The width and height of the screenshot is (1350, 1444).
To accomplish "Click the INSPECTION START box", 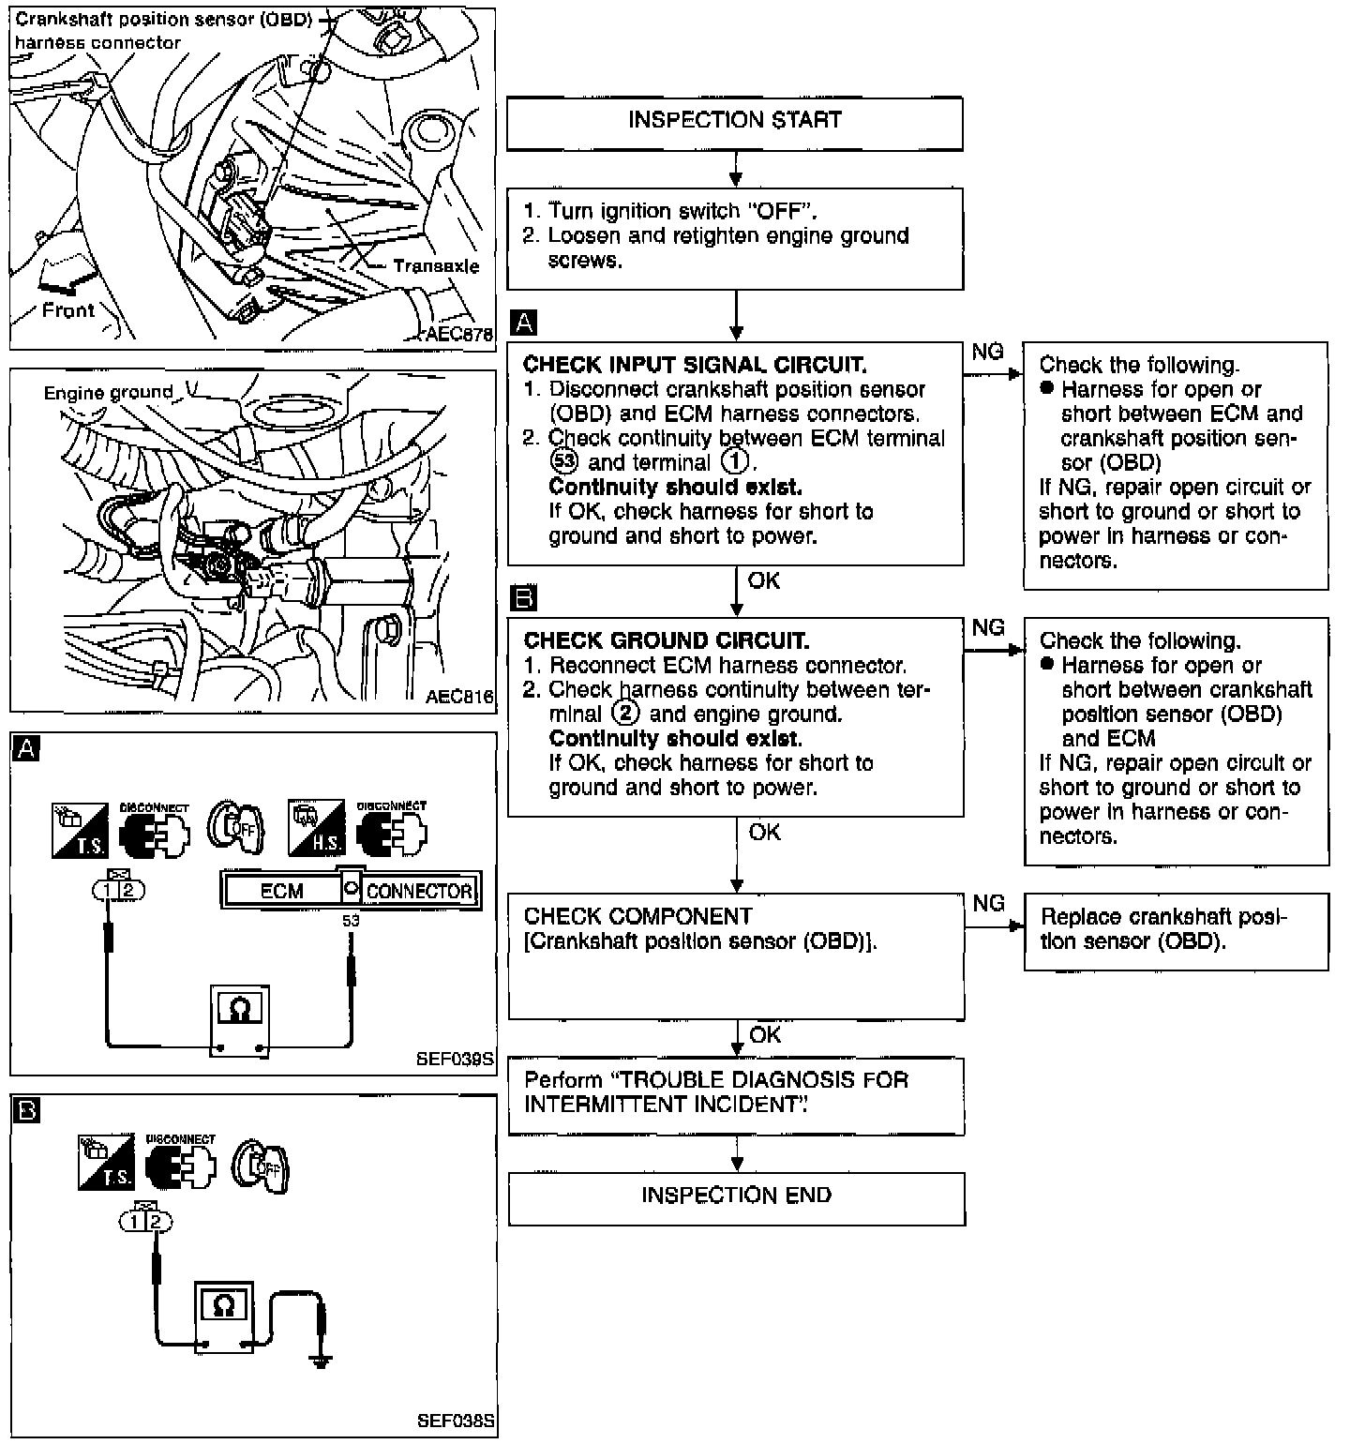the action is [734, 123].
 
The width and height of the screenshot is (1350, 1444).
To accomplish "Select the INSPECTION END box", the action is [736, 1197].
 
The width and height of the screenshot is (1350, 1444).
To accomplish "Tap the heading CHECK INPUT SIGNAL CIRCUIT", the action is [695, 365].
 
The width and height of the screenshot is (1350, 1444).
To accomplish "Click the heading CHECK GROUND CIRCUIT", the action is [667, 640].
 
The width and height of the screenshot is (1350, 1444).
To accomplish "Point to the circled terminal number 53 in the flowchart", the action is [564, 462].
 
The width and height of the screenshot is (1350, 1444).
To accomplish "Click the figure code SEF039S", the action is [455, 1060].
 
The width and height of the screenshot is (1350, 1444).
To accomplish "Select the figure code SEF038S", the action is [456, 1421].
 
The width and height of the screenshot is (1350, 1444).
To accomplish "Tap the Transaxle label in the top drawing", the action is [436, 266].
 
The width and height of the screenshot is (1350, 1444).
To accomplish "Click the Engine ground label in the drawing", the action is [109, 393].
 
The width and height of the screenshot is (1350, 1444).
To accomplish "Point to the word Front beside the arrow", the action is [68, 310].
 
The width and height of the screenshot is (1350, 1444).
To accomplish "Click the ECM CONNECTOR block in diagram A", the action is [351, 890].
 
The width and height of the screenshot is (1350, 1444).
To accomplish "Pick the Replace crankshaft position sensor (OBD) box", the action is [1176, 931].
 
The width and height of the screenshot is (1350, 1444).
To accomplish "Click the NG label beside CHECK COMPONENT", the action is [988, 903].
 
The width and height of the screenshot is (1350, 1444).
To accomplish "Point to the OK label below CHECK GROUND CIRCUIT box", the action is [765, 832].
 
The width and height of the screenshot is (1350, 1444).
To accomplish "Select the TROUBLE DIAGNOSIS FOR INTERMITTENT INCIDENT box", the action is [736, 1096].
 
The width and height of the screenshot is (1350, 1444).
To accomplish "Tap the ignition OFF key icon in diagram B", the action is [260, 1166].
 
